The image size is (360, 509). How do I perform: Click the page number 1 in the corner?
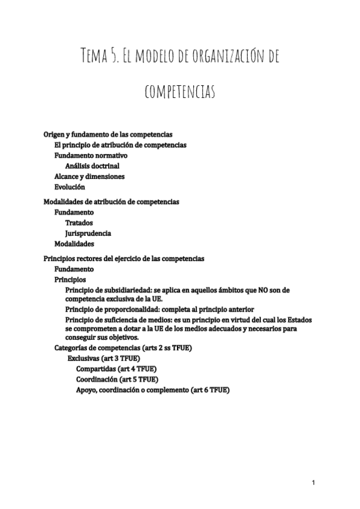[313, 482]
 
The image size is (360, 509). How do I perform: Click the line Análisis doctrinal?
[92, 165]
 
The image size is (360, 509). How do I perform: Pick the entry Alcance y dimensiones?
[89, 176]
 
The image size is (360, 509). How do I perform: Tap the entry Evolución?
[70, 187]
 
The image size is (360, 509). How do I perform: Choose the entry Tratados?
[79, 223]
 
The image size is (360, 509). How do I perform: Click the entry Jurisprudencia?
[88, 233]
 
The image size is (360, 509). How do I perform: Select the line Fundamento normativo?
[91, 155]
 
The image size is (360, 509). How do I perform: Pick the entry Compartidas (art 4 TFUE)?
[117, 369]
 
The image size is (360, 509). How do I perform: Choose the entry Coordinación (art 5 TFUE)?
[117, 379]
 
